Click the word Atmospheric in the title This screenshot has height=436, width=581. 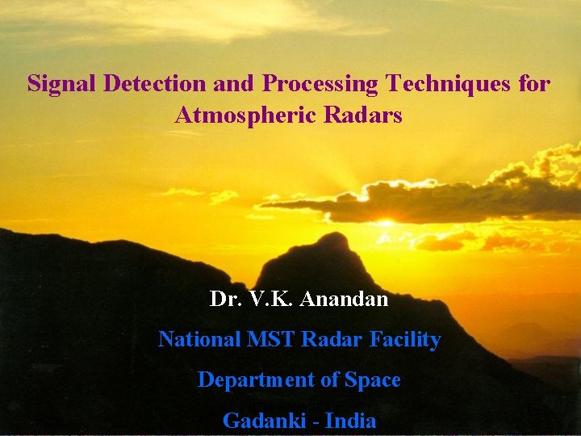coord(245,115)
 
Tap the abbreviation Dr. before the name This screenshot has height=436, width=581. coord(223,300)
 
